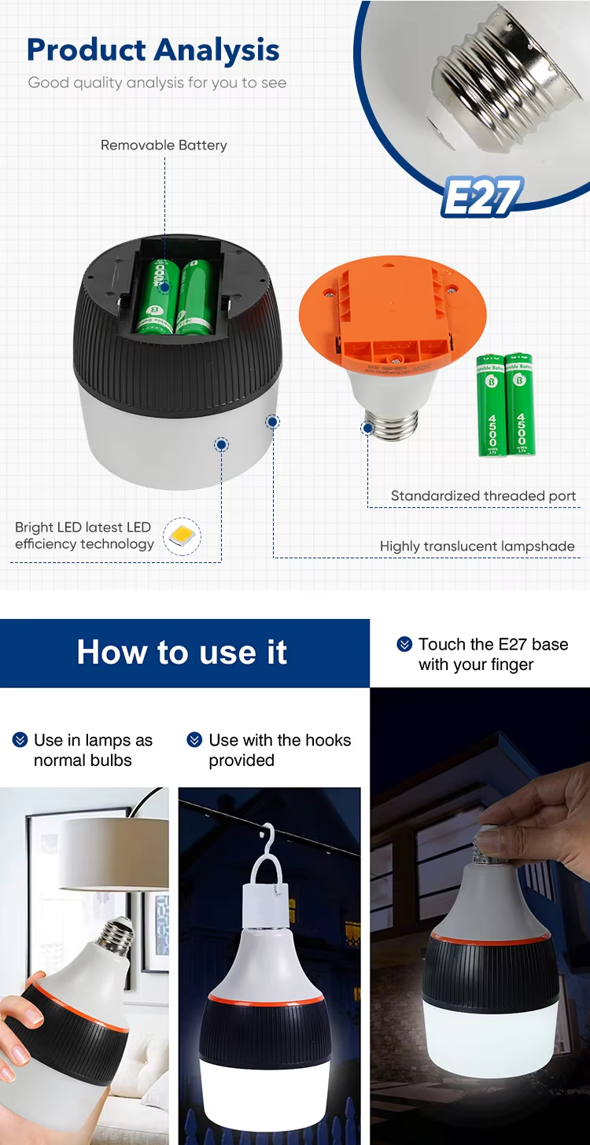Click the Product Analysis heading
click(x=153, y=50)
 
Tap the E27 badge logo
click(x=481, y=197)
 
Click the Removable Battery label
click(x=164, y=145)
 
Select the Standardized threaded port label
click(x=483, y=496)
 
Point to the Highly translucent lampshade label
click(x=477, y=546)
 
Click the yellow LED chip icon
click(x=182, y=537)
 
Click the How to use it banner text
click(x=182, y=653)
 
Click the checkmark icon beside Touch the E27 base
click(x=404, y=645)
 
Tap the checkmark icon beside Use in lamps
click(x=20, y=741)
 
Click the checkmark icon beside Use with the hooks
click(x=194, y=741)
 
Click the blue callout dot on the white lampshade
click(x=222, y=445)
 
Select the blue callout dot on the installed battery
click(x=164, y=289)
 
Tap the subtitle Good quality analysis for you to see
click(x=157, y=83)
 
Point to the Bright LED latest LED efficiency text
click(x=83, y=536)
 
